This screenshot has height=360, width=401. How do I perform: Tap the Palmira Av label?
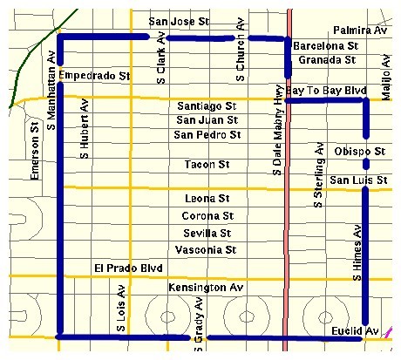pyautogui.click(x=358, y=31)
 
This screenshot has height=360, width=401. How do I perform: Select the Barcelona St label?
pyautogui.click(x=326, y=45)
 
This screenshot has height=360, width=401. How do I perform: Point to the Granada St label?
pyautogui.click(x=324, y=60)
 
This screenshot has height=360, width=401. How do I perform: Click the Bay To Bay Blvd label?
pyautogui.click(x=323, y=91)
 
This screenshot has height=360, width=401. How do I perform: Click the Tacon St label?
pyautogui.click(x=207, y=165)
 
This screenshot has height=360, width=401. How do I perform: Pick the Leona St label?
pyautogui.click(x=207, y=199)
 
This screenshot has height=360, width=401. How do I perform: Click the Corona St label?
pyautogui.click(x=207, y=215)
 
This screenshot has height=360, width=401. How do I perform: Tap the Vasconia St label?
pyautogui.click(x=207, y=249)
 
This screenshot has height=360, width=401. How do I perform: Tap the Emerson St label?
pyautogui.click(x=35, y=152)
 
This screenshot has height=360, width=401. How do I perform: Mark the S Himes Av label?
pyautogui.click(x=357, y=251)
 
